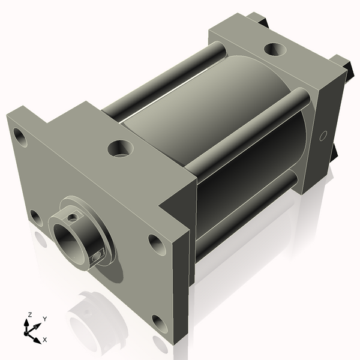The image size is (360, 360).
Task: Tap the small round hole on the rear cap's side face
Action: click(323, 136)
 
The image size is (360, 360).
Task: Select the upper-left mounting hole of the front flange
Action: click(22, 138)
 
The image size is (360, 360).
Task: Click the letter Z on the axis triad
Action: click(28, 314)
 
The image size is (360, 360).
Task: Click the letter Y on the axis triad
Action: click(44, 319)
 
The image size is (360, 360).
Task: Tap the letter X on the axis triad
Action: click(44, 340)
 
